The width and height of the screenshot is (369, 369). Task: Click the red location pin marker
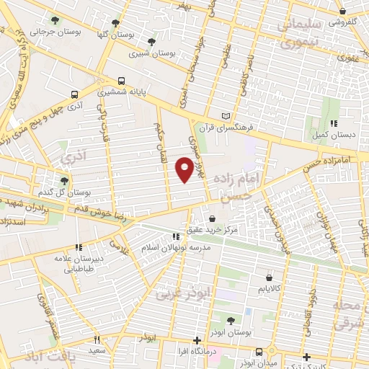(185, 168)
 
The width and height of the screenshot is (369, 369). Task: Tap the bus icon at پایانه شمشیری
(121, 81)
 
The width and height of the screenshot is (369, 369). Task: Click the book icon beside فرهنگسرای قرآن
(226, 115)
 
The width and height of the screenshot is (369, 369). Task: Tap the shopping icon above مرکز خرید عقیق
(213, 218)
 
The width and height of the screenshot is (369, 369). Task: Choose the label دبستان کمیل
(327, 134)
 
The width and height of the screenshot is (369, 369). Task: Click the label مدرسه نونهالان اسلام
(177, 246)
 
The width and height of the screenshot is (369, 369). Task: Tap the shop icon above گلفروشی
(342, 11)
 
